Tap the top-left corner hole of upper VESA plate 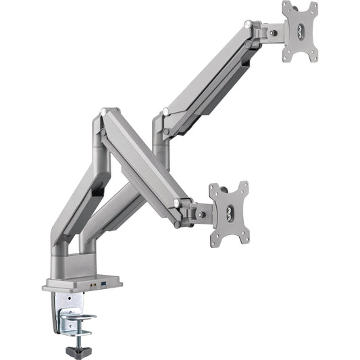point(286,7)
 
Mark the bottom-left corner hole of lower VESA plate point(214,241)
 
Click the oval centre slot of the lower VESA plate point(229,214)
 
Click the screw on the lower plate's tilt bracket point(200,214)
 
